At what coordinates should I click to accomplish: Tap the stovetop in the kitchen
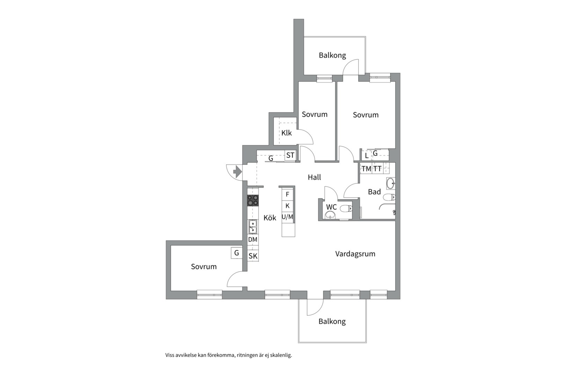[x=253, y=200]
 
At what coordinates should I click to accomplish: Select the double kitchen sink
[x=253, y=227]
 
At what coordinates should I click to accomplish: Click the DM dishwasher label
[x=253, y=239]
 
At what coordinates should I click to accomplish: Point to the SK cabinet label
[x=253, y=256]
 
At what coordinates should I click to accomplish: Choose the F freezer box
[x=287, y=194]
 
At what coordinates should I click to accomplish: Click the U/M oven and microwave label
[x=288, y=217]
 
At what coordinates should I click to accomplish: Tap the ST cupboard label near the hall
[x=290, y=155]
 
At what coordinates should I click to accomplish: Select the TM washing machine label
[x=367, y=169]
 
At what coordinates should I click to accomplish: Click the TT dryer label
[x=377, y=169]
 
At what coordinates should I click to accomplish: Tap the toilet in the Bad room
[x=389, y=197]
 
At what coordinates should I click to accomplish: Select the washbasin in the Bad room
[x=391, y=183]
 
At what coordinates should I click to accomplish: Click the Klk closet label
[x=286, y=133]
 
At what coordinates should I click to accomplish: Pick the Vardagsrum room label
[x=355, y=254]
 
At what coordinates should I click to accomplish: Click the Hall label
[x=314, y=177]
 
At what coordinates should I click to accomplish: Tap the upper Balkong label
[x=332, y=55]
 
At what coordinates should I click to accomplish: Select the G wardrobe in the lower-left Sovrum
[x=237, y=253]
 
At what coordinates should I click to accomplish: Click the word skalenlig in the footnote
[x=281, y=355]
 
